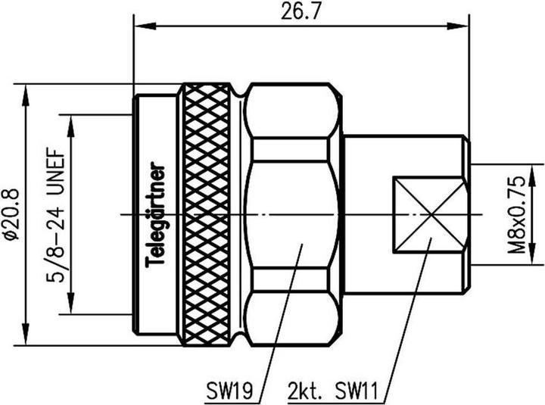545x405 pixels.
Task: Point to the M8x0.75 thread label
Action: (x=516, y=215)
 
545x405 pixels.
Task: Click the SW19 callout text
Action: (x=229, y=391)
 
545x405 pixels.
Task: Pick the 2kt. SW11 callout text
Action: (x=332, y=391)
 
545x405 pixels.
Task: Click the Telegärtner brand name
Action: (x=154, y=215)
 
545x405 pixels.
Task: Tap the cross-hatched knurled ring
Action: (x=207, y=215)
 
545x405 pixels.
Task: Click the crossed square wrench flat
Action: (x=428, y=214)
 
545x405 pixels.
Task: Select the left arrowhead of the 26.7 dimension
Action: (x=145, y=26)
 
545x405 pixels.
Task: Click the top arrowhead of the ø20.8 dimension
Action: (x=26, y=95)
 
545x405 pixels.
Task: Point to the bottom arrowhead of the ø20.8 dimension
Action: (x=26, y=335)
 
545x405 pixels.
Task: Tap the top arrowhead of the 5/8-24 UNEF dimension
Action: (x=71, y=126)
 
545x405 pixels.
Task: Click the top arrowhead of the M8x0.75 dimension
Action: (x=532, y=175)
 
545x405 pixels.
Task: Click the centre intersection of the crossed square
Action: (x=430, y=214)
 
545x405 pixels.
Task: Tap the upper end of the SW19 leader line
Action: (x=303, y=245)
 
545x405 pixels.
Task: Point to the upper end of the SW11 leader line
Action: (x=432, y=238)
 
